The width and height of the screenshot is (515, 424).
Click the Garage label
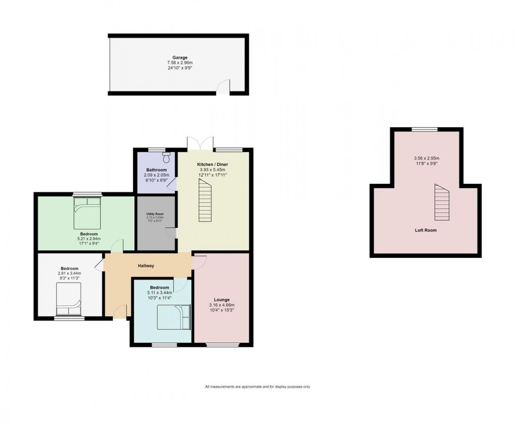[176, 58]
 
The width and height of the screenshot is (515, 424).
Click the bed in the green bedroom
[88, 212]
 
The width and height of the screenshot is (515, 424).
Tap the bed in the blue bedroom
[174, 317]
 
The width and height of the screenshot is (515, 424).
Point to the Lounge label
[221, 300]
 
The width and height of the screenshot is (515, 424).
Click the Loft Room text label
[426, 230]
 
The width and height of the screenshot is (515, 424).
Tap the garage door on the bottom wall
[223, 88]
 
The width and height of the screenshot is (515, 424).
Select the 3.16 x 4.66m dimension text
[221, 305]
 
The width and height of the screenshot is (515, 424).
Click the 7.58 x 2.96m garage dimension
[176, 63]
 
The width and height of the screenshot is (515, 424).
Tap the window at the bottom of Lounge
[221, 345]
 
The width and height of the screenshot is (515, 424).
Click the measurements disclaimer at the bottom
[257, 387]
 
